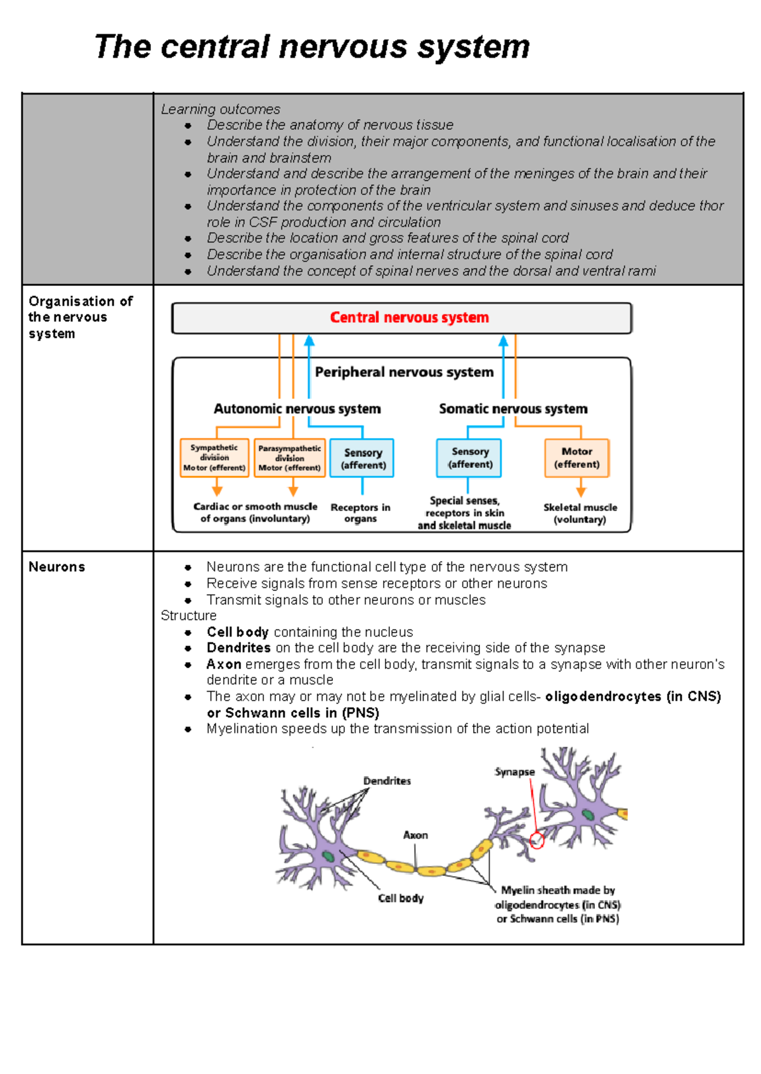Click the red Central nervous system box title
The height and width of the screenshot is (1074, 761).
(x=409, y=318)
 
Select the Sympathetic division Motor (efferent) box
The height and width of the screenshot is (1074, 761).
(x=214, y=458)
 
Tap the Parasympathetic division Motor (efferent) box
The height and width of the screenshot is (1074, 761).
(x=290, y=458)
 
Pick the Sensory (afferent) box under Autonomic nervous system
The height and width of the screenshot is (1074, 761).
(x=363, y=458)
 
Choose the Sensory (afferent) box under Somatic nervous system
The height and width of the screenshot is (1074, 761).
(x=469, y=458)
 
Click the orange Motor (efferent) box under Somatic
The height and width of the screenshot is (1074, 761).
(x=576, y=458)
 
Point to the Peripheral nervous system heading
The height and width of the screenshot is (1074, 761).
(x=404, y=372)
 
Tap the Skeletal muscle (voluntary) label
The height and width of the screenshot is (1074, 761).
(x=580, y=513)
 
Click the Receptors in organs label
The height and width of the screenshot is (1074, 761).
(x=360, y=513)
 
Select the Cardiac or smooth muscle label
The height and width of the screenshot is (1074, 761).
(x=255, y=512)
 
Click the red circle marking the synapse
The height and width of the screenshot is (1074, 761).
(x=537, y=841)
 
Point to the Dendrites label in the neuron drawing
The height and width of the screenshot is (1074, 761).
(x=387, y=781)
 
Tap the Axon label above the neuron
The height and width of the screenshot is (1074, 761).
(x=415, y=836)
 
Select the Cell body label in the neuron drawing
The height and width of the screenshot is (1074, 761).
(x=401, y=898)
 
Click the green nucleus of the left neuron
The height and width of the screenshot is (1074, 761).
(x=328, y=857)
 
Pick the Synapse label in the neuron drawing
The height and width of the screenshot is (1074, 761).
(x=514, y=772)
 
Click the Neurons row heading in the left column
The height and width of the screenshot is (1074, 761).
(x=56, y=567)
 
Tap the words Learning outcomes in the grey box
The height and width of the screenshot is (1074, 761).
(x=220, y=109)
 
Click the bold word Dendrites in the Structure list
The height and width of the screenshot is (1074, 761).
(x=238, y=648)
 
